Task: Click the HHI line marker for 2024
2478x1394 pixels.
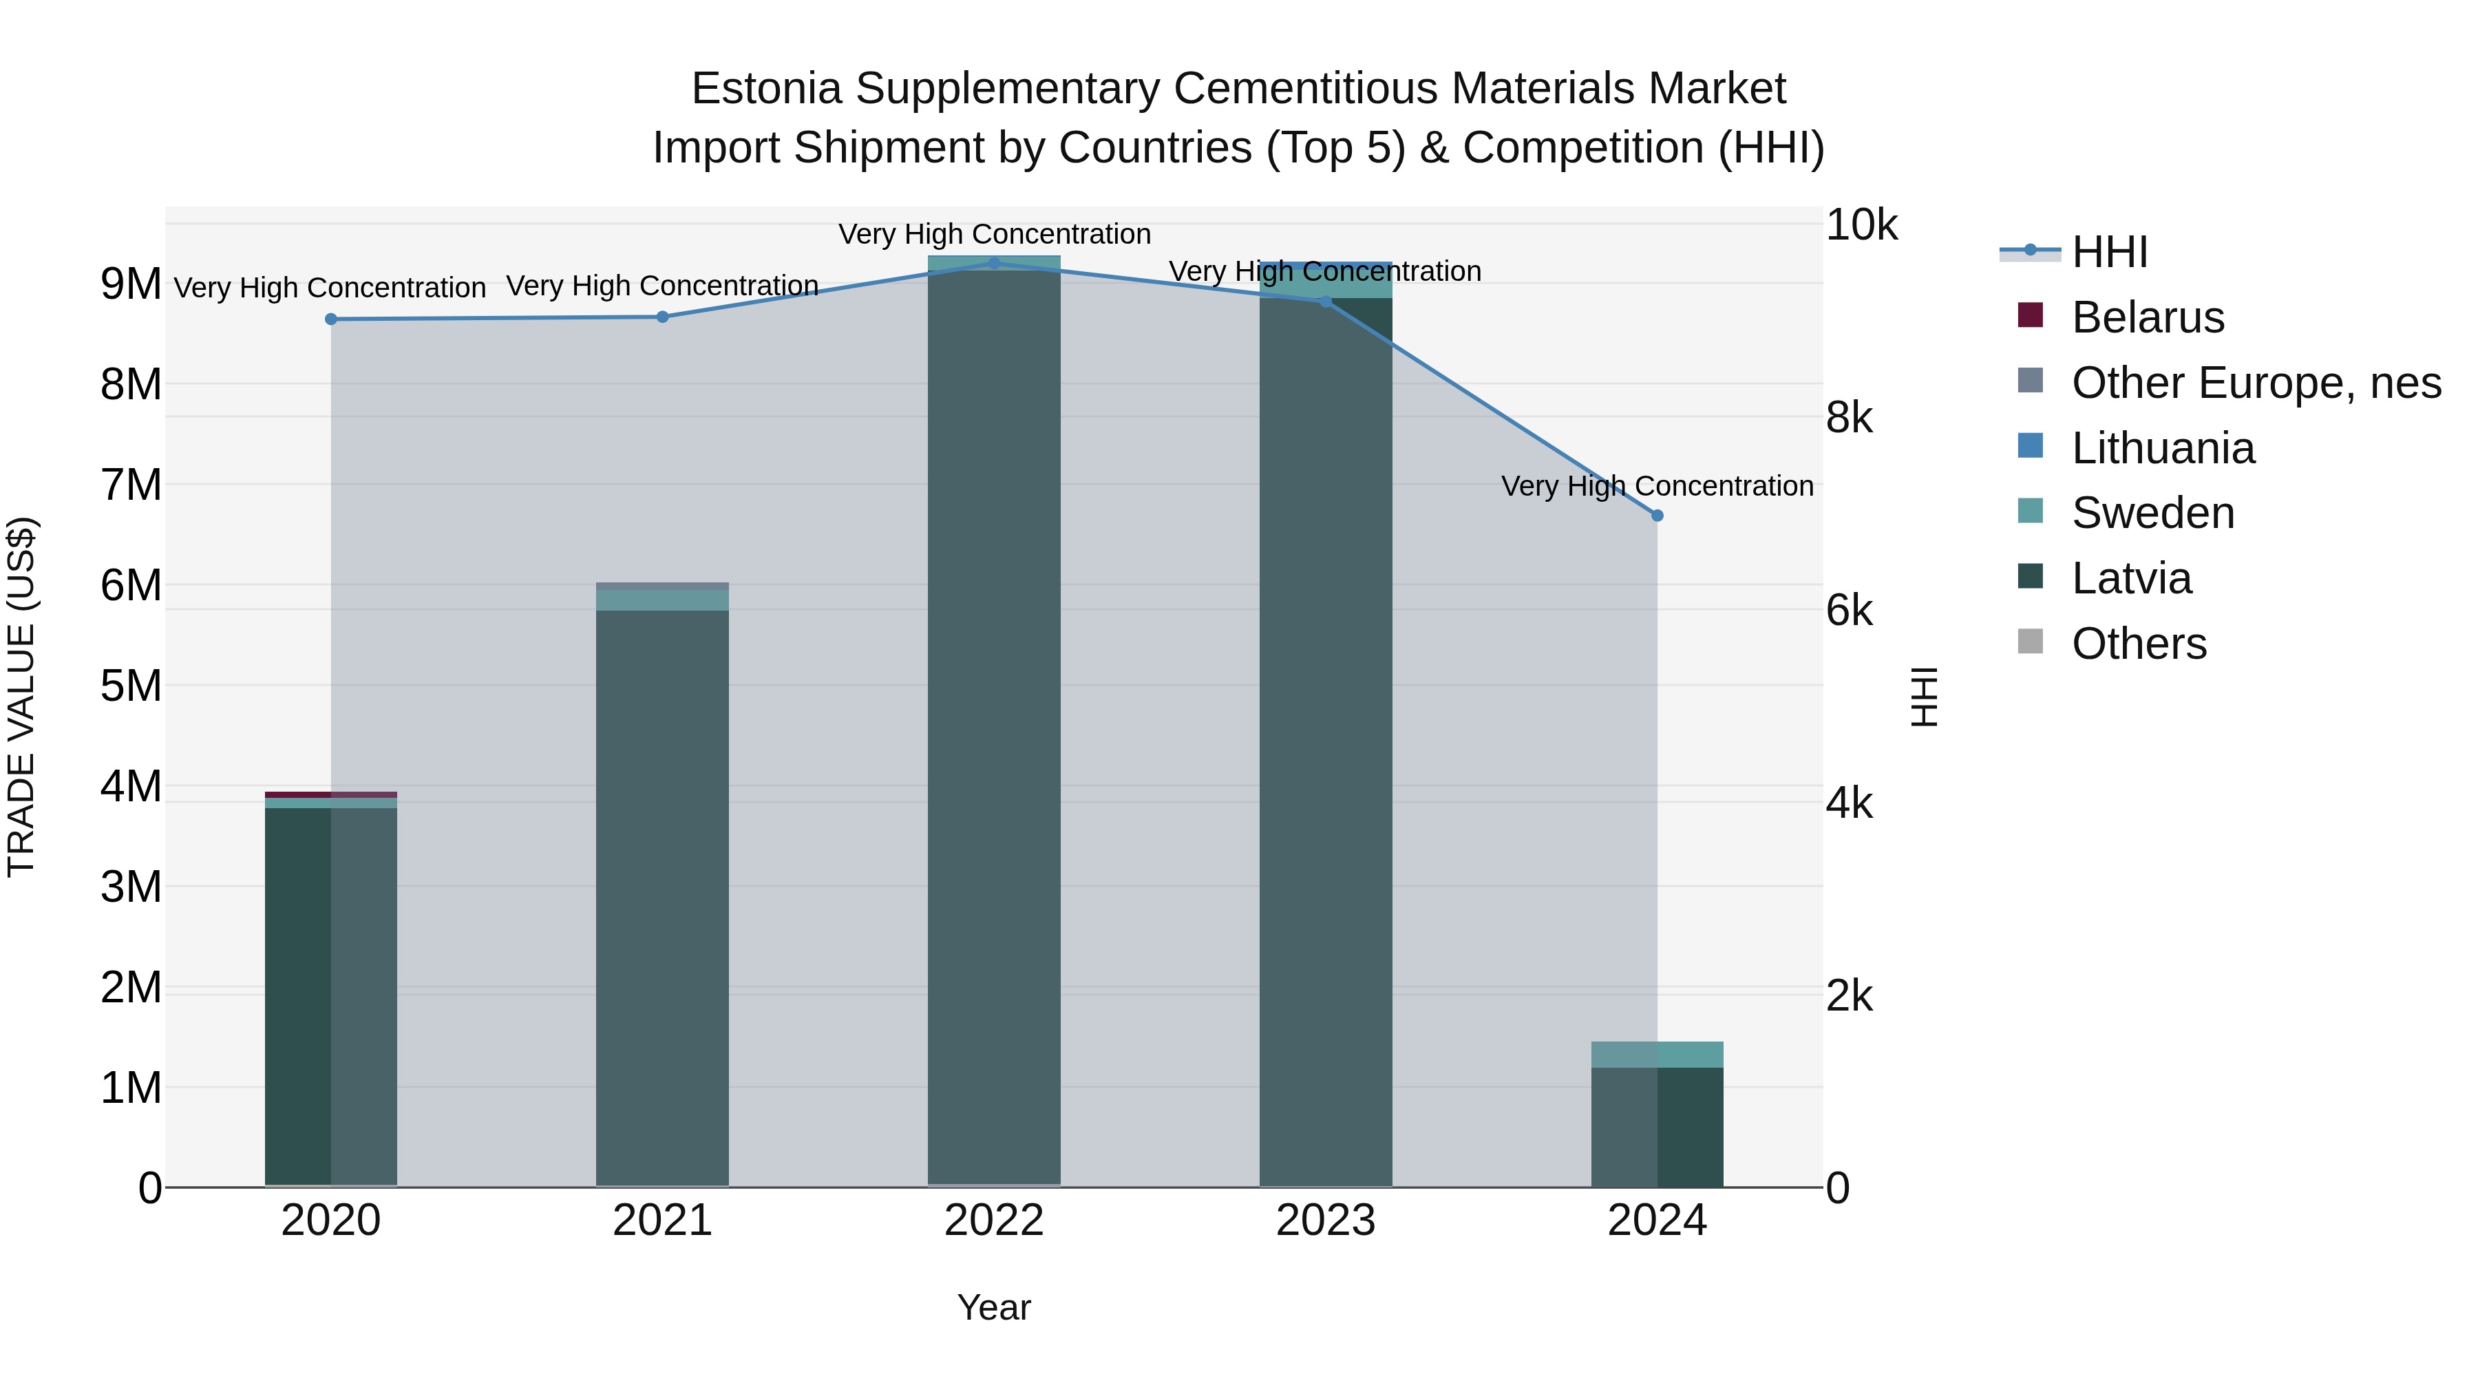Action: pos(1657,516)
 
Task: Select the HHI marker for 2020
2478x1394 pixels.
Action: pos(331,319)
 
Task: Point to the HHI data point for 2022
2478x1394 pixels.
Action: pos(994,263)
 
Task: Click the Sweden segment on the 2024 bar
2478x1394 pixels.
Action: pos(1657,1055)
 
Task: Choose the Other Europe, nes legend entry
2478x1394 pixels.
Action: pos(2256,383)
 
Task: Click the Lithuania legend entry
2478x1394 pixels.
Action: pos(2163,448)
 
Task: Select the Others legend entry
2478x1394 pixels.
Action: pos(2139,644)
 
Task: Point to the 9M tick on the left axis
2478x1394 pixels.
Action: pos(131,284)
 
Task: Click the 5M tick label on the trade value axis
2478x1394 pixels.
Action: pos(131,686)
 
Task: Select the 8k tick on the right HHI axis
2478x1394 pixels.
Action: pos(1849,418)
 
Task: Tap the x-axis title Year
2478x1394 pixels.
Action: pos(994,1307)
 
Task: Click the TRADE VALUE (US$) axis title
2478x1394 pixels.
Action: pos(21,697)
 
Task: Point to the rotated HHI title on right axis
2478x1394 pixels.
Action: pos(1923,697)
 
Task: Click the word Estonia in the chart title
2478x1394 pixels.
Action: pos(767,89)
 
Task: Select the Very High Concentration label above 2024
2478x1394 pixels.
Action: pos(1657,486)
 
